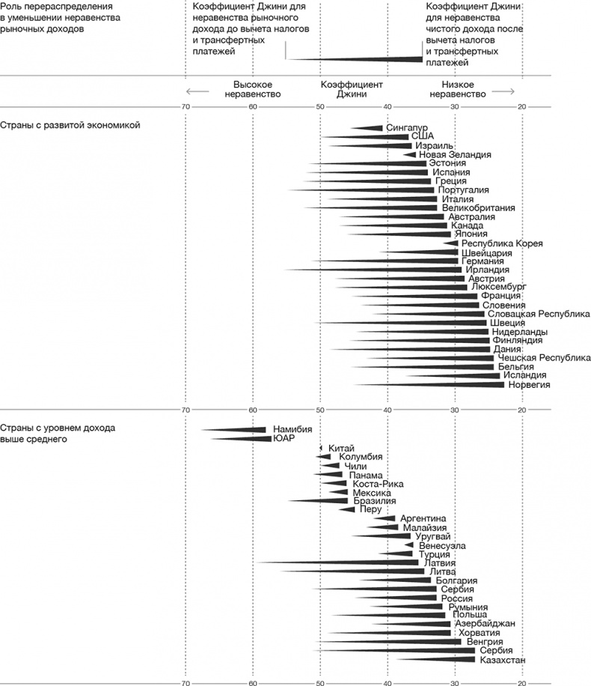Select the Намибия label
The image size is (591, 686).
[293, 430]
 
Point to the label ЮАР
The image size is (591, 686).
[284, 439]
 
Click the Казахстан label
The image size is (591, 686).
[503, 660]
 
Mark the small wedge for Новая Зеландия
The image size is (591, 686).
[411, 154]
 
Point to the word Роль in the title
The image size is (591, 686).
[11, 6]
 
